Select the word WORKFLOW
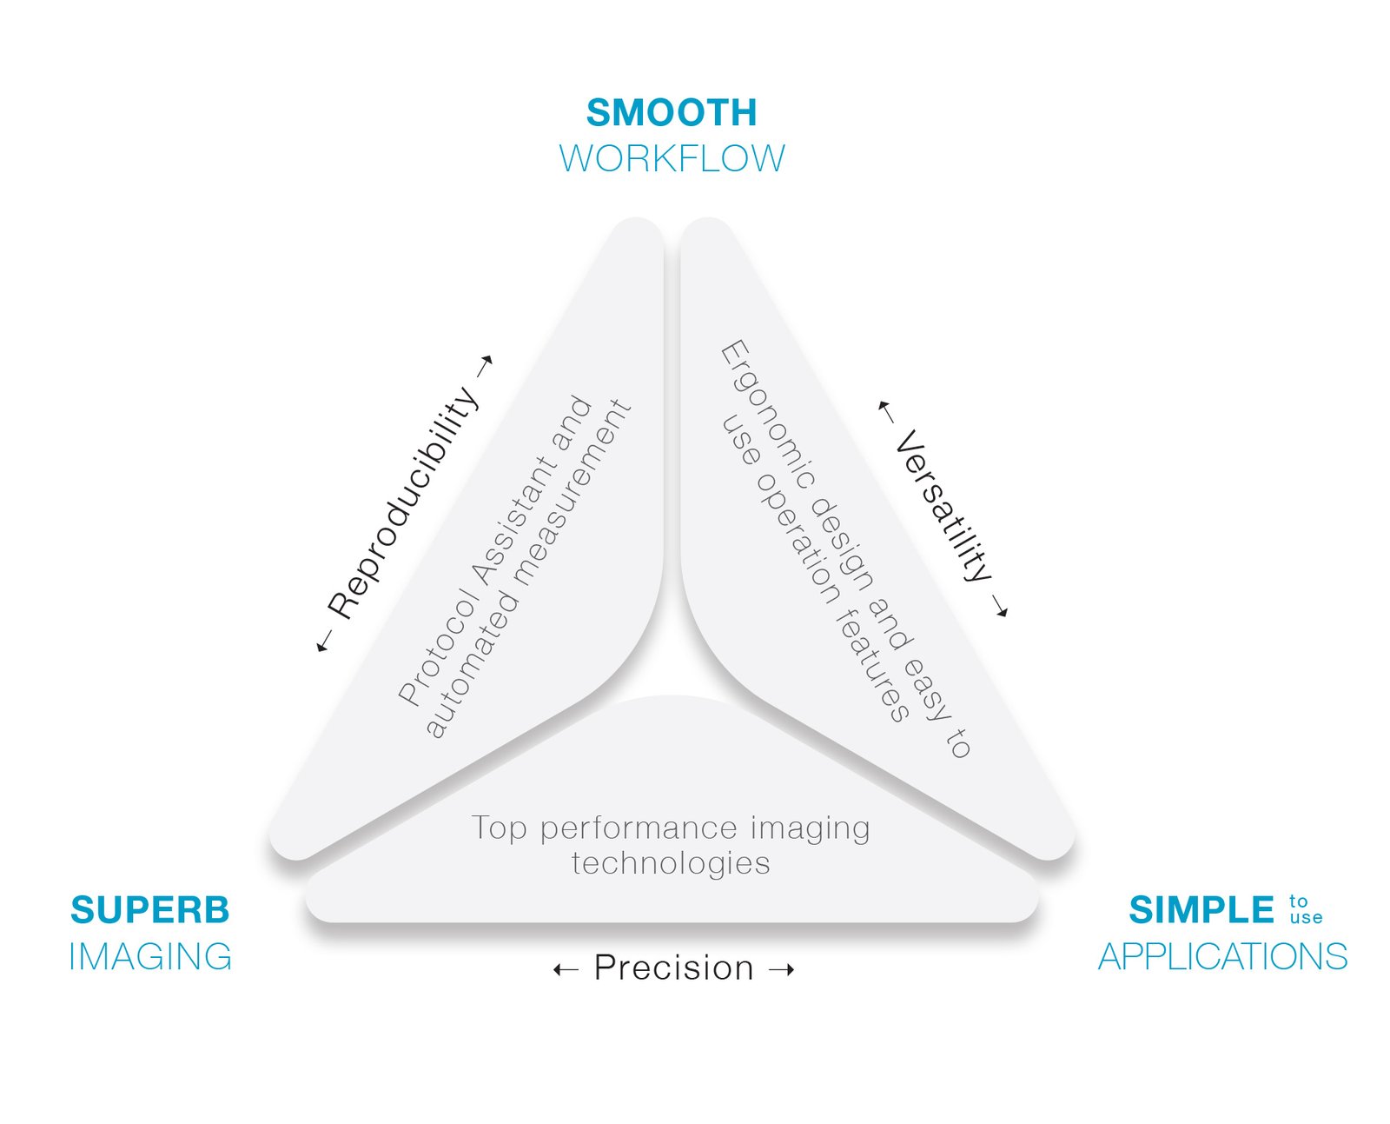tap(672, 158)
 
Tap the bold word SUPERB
tap(150, 909)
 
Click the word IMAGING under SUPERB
tap(150, 956)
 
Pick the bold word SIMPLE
tap(1201, 909)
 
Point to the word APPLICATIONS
tap(1222, 956)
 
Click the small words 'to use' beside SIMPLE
tap(1306, 909)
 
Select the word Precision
tap(674, 968)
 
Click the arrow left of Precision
tap(566, 970)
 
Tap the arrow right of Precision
tap(782, 970)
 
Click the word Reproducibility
tap(403, 502)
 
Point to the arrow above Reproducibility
tap(485, 366)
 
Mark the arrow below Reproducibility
tap(324, 642)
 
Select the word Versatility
tap(943, 505)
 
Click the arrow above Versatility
tap(885, 411)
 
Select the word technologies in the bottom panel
tap(671, 862)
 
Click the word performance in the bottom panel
tap(639, 828)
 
